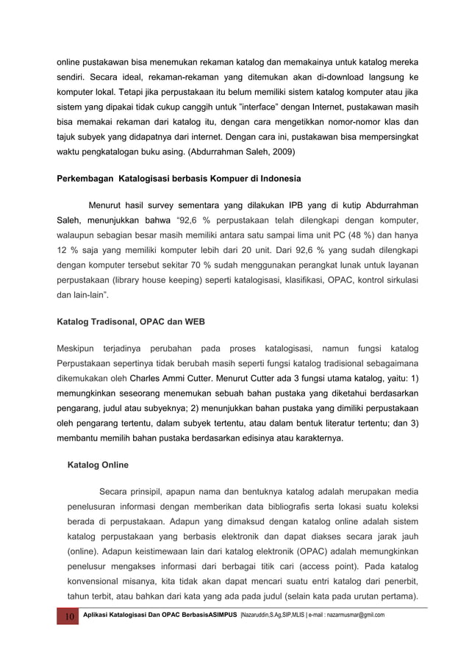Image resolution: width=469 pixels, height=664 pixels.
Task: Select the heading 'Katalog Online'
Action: pos(98,465)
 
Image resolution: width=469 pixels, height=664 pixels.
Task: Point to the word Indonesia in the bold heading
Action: pos(276,178)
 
